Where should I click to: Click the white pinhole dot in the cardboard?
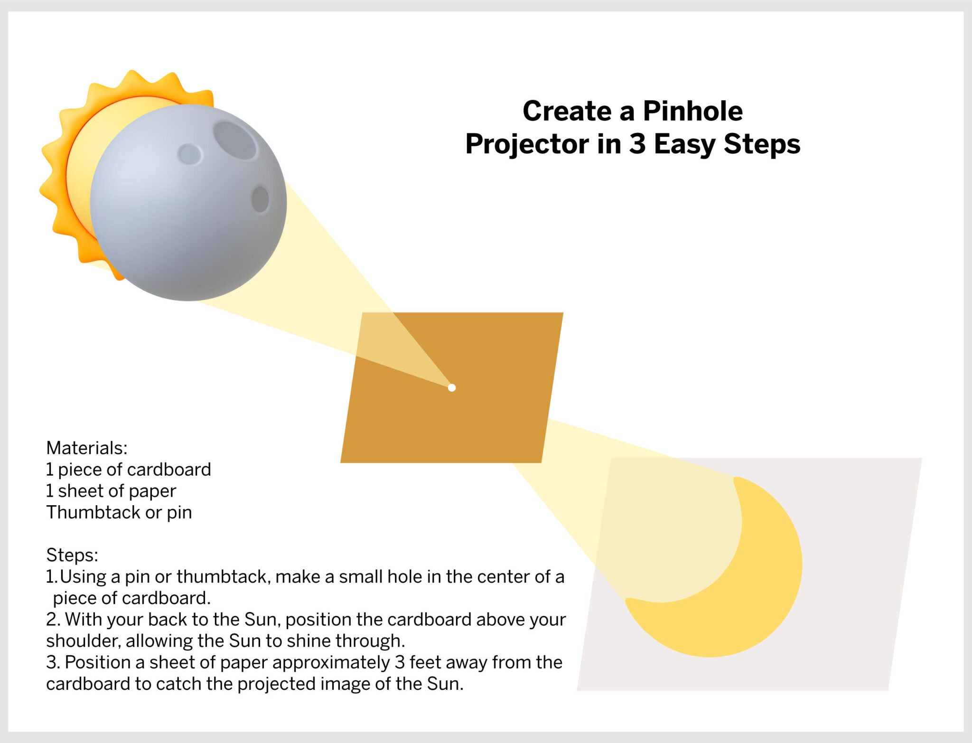[452, 388]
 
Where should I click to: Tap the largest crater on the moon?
[235, 140]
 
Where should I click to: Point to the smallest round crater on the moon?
[189, 154]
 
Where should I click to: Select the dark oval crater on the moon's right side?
[260, 199]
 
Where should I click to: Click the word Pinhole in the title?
[692, 111]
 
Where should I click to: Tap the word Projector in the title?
[527, 144]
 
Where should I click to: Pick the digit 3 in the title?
[637, 144]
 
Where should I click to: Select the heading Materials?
[87, 448]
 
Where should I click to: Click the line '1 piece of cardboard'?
[128, 470]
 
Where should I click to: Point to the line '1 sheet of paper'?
[111, 491]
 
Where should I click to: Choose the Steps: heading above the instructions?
[72, 555]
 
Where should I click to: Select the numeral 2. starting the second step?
[53, 620]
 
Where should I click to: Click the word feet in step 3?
[425, 662]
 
